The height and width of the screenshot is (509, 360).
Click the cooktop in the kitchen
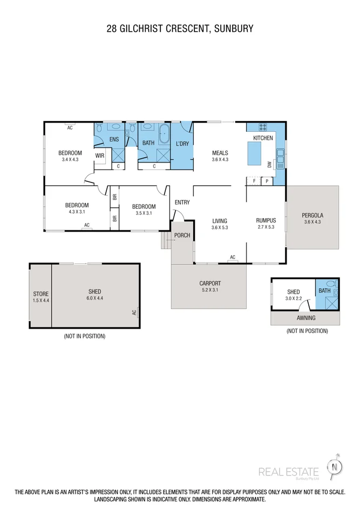click(263, 127)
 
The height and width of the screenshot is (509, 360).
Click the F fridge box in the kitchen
click(254, 181)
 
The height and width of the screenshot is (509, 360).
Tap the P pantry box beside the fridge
click(267, 181)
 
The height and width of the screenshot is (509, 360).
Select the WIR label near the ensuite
click(100, 155)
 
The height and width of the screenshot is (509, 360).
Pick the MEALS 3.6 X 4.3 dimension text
click(220, 160)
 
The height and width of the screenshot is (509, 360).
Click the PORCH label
click(182, 236)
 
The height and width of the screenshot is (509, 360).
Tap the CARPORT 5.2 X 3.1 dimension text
click(210, 290)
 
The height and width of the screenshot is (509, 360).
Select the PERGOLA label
click(313, 215)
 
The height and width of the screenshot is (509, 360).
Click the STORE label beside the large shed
click(40, 294)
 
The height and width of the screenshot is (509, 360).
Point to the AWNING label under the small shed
click(305, 318)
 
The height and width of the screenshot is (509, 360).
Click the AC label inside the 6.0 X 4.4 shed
click(134, 312)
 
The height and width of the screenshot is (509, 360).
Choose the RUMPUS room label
click(266, 220)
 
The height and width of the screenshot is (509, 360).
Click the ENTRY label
click(182, 202)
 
